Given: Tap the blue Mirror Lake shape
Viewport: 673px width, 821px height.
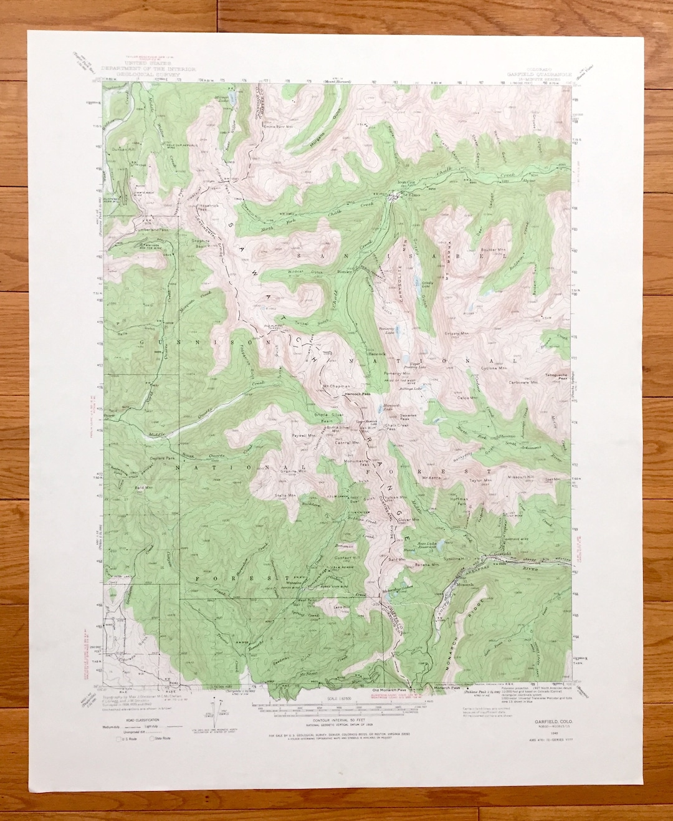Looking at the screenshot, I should click(233, 98).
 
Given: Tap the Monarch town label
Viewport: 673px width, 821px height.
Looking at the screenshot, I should click(465, 585).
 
